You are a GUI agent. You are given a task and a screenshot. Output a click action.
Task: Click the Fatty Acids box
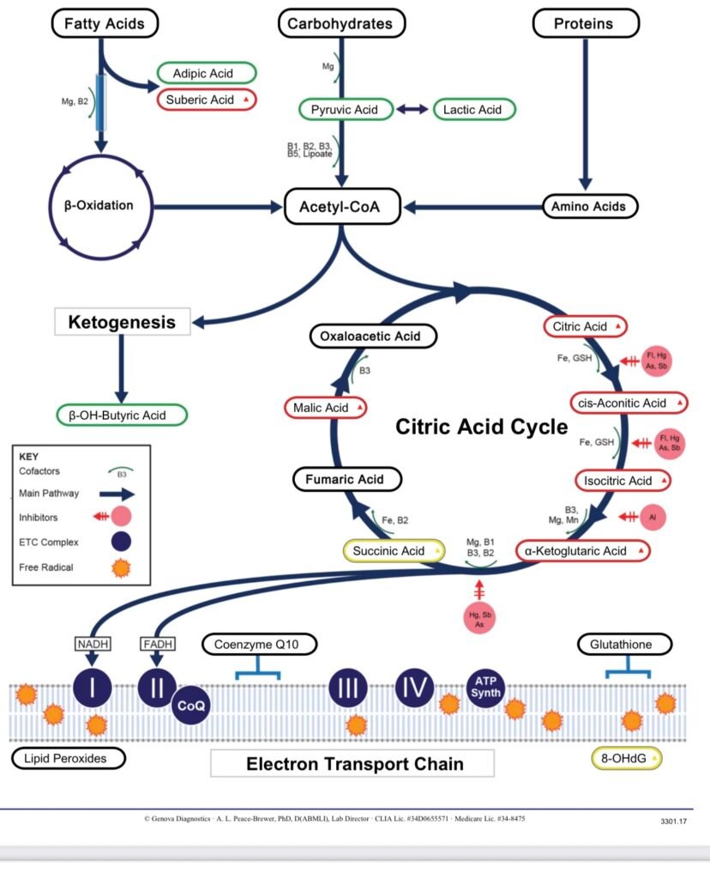point(105,23)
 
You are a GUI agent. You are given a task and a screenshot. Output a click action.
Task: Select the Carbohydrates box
point(340,23)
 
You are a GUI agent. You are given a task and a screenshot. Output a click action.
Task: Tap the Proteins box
point(586,23)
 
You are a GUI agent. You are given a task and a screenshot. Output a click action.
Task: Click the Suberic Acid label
point(206,100)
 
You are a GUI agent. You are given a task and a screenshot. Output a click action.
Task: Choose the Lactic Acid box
point(473,109)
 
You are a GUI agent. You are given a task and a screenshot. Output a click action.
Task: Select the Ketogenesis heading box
point(122,323)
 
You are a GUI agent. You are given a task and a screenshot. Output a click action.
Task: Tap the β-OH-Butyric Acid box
point(122,415)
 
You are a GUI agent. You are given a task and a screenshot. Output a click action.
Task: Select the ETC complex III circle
point(350,689)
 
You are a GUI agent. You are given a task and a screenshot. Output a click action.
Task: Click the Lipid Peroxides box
point(69,758)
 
